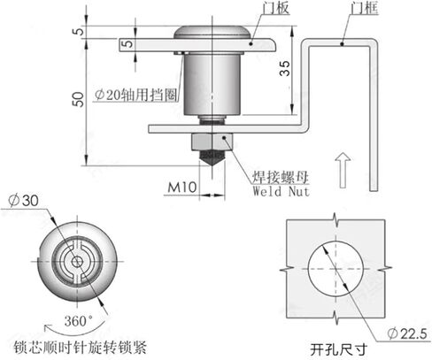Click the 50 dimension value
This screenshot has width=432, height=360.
(79, 99)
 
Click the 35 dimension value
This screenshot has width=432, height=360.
(285, 68)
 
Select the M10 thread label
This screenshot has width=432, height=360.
(182, 187)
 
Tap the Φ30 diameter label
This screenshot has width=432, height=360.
(24, 201)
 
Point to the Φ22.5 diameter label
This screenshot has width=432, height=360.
(407, 333)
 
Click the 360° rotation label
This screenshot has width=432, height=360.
(78, 321)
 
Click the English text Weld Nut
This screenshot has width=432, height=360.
(282, 191)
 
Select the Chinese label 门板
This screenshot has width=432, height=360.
(276, 7)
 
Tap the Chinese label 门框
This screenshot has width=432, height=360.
(365, 7)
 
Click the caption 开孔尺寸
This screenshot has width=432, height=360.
(338, 350)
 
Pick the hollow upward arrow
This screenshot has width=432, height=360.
(343, 171)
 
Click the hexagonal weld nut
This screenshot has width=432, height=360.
(212, 142)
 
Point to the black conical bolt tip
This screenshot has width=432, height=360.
(212, 157)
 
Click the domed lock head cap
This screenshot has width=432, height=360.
(212, 33)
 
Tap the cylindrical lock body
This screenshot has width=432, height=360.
(212, 84)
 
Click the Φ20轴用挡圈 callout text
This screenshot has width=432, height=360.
(136, 95)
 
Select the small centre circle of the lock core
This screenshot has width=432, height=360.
(77, 262)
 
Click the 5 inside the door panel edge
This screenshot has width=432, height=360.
(127, 44)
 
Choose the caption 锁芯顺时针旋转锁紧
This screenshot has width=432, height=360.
(80, 348)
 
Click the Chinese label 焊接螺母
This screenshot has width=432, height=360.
(281, 178)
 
